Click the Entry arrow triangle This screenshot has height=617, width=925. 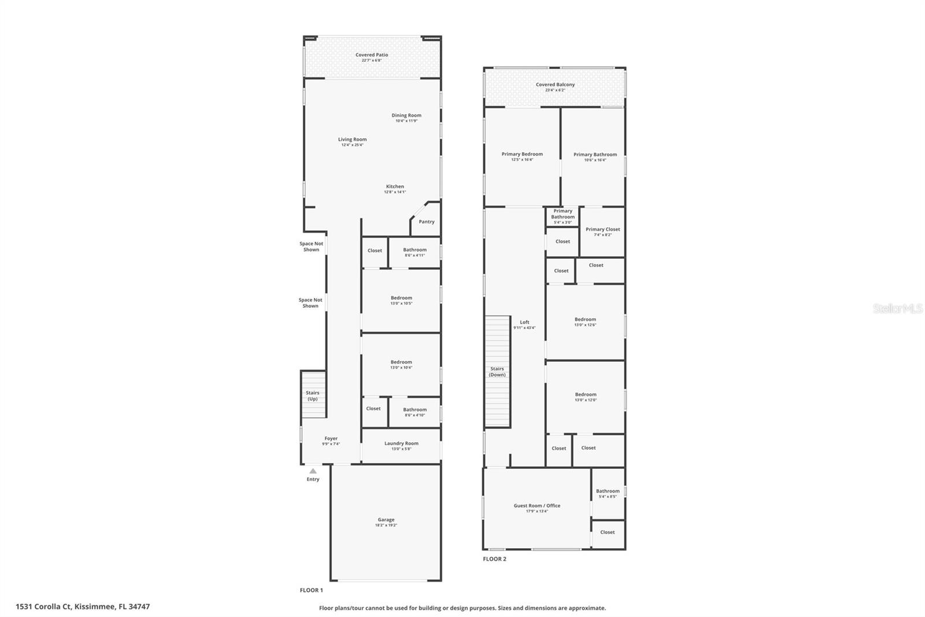tap(313, 471)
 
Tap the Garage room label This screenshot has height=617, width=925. tap(386, 520)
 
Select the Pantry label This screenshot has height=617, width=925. tap(427, 222)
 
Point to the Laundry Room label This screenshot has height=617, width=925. tap(401, 443)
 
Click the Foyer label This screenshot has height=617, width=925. tap(331, 439)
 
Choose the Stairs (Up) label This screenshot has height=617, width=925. tap(312, 396)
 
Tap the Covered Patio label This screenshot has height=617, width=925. tap(372, 55)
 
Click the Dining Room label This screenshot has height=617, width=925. tap(406, 115)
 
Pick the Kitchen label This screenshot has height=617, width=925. tap(395, 186)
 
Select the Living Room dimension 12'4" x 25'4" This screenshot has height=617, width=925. tap(352, 145)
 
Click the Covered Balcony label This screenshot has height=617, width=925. tap(555, 85)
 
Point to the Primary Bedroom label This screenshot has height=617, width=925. tap(522, 154)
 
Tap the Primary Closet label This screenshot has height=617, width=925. tap(602, 229)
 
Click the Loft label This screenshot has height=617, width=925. tap(524, 322)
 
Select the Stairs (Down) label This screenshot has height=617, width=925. tap(497, 372)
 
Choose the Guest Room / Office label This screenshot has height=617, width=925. tap(536, 505)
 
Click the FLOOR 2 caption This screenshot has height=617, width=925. tap(494, 559)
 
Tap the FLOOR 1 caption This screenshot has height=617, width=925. tap(311, 590)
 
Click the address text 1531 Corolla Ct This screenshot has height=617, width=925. tap(44, 607)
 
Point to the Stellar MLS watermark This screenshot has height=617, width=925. tap(898, 309)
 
